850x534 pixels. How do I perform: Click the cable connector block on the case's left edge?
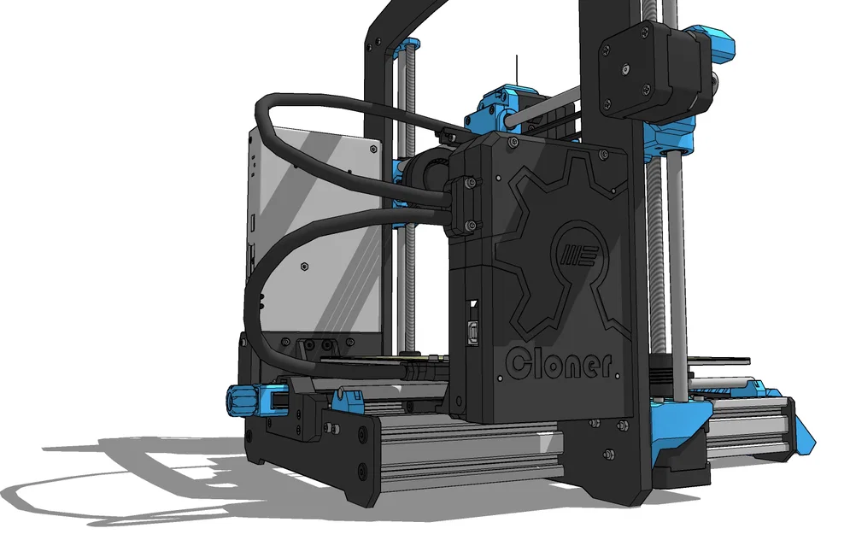pos(466,205)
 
